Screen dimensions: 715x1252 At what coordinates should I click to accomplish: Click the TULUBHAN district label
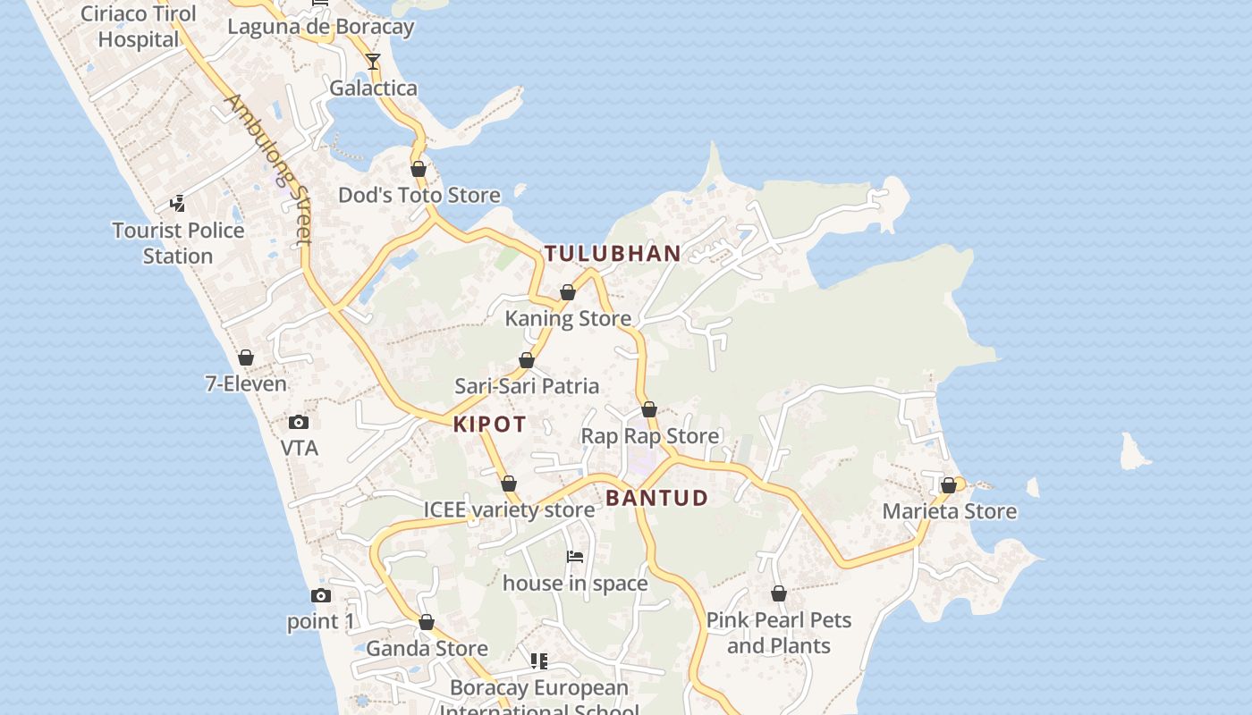point(613,254)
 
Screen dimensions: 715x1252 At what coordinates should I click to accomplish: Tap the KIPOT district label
point(489,425)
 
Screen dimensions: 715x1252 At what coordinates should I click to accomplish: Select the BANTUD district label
point(656,498)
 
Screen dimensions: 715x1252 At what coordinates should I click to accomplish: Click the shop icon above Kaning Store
point(568,292)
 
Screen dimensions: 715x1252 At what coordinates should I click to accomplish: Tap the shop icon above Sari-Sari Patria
point(527,360)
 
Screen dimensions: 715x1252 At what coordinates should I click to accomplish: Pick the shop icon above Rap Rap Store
point(649,410)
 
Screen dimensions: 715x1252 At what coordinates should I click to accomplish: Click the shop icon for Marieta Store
point(949,485)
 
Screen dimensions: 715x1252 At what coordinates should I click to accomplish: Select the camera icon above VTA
point(299,422)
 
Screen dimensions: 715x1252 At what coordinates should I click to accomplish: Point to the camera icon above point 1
point(321,595)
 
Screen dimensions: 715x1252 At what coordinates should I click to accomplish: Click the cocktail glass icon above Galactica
point(373,62)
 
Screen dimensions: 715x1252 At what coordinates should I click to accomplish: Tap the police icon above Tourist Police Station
point(178,204)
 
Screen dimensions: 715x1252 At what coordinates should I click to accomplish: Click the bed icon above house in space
point(575,557)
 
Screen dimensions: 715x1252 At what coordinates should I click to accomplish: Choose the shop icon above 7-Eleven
point(246,357)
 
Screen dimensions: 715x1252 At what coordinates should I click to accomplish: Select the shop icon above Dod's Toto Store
point(419,169)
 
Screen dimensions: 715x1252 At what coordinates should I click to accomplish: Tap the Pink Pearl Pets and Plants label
point(778,633)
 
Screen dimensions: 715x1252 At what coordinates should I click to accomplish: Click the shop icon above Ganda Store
point(427,622)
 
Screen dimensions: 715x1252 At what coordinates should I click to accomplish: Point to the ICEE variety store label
point(508,510)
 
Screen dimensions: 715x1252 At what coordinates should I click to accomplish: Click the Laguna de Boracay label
point(320,27)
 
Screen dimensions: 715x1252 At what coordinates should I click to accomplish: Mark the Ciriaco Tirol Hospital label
point(139,27)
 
